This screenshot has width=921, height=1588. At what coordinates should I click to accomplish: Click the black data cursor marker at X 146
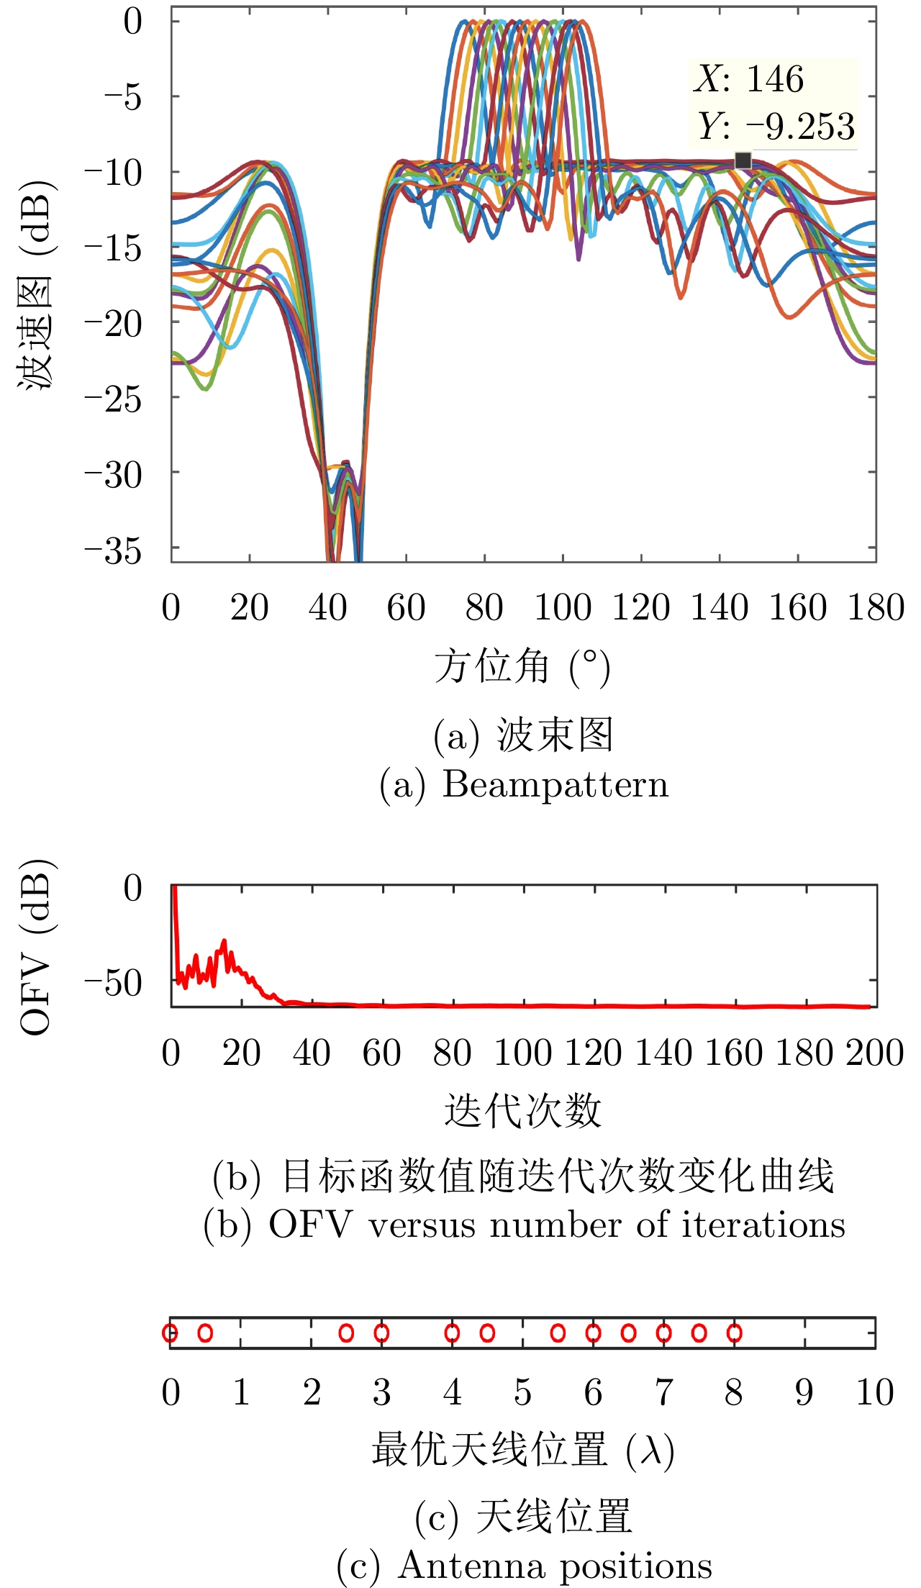tap(743, 160)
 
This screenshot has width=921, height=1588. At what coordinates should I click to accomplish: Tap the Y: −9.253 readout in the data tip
tap(776, 126)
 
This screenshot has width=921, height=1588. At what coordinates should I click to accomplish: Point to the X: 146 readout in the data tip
tap(748, 78)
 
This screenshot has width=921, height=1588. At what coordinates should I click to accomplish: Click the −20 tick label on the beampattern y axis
tap(114, 324)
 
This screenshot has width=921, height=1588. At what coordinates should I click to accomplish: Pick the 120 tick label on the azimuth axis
tap(640, 607)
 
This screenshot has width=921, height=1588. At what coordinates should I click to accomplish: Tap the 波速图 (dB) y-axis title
tap(36, 283)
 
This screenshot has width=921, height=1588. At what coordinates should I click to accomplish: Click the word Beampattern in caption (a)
tap(555, 784)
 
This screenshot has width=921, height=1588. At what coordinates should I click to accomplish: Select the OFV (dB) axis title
tap(36, 947)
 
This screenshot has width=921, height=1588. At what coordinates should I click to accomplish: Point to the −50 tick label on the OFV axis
tap(114, 983)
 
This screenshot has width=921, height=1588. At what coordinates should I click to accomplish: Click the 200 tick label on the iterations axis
tap(874, 1053)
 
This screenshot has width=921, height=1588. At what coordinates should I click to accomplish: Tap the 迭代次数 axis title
tap(522, 1110)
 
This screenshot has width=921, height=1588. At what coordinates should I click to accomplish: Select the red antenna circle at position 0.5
tap(205, 1333)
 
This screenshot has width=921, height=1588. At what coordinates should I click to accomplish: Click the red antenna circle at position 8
tap(734, 1333)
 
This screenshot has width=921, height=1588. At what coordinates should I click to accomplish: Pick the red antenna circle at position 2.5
tap(346, 1333)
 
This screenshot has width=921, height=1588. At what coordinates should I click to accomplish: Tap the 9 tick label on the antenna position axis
tap(804, 1392)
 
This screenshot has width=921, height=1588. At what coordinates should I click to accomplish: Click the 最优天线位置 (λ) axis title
tap(522, 1450)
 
